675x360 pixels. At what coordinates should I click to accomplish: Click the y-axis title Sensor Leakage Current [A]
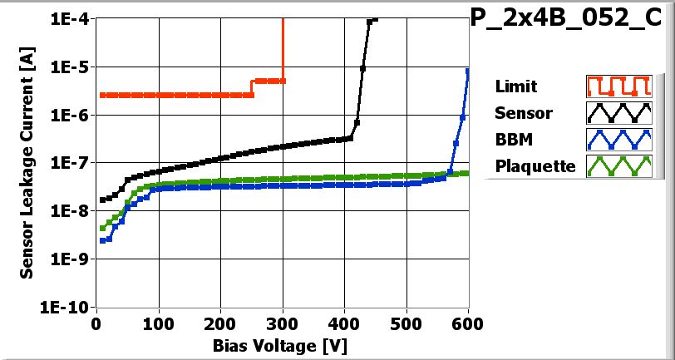click(27, 161)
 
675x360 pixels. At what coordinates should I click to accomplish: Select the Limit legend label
click(515, 86)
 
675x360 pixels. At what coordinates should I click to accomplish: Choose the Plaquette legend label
click(535, 166)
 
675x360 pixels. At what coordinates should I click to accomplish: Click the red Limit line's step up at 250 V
click(252, 87)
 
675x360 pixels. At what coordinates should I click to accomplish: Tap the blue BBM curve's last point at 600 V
click(469, 71)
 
